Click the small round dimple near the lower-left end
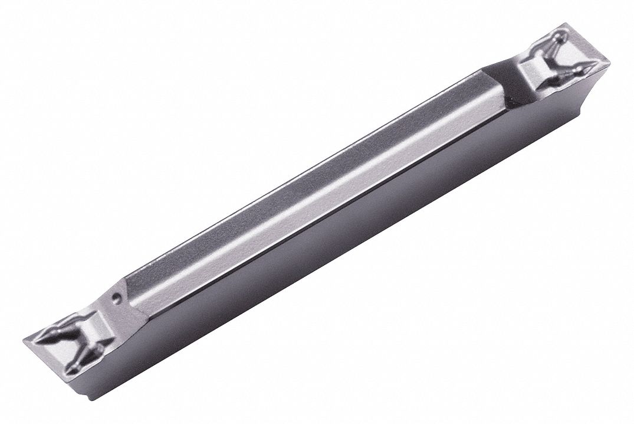pyautogui.click(x=117, y=299)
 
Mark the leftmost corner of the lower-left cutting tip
pyautogui.click(x=24, y=340)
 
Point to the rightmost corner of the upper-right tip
pyautogui.click(x=609, y=63)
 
